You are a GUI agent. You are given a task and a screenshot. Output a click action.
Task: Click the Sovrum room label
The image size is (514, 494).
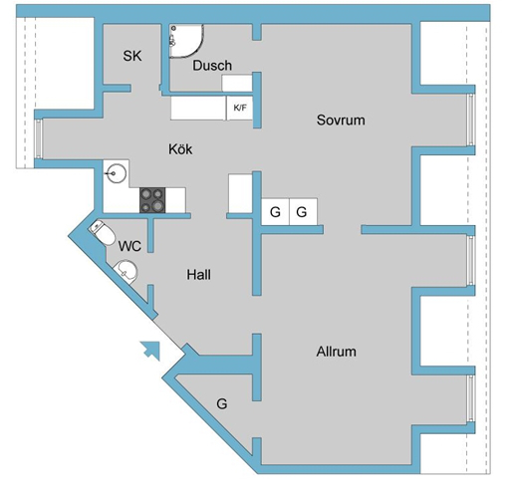click(341, 120)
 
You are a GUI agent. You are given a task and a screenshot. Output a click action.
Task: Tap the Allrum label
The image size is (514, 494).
click(337, 352)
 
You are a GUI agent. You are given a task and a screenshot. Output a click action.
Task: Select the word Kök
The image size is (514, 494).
click(180, 149)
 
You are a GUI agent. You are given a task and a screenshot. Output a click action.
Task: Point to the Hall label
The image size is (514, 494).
click(198, 275)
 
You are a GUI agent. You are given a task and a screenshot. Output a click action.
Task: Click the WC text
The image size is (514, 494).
click(129, 246)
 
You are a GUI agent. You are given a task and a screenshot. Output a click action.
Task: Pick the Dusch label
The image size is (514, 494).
click(212, 66)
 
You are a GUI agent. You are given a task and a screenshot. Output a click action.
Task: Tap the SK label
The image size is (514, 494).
click(132, 56)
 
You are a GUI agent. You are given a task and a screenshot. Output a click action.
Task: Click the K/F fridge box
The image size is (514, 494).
click(240, 108)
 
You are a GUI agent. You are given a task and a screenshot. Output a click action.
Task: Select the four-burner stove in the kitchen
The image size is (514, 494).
click(152, 200)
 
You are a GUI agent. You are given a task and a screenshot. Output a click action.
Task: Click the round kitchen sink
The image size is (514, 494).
click(115, 173)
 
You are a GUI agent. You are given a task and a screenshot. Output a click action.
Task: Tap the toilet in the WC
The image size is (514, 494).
click(102, 231)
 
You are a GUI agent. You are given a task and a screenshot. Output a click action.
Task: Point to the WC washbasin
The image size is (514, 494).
click(126, 271)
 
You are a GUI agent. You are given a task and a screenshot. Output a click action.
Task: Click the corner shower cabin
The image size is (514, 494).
click(185, 41)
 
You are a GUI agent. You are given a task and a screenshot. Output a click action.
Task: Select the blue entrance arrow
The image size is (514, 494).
click(150, 351)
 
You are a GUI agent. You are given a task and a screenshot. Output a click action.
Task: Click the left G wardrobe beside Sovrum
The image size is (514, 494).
click(275, 212)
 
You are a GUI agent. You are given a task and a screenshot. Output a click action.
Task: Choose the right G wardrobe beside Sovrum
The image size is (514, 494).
click(303, 212)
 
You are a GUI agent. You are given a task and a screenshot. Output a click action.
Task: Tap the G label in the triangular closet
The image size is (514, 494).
click(222, 403)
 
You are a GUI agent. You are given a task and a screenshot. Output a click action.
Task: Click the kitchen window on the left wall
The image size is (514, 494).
click(39, 138)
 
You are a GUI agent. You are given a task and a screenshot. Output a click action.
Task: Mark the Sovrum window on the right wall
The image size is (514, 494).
click(470, 120)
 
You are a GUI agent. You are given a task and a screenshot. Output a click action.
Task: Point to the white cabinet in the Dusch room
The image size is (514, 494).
click(237, 83)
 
